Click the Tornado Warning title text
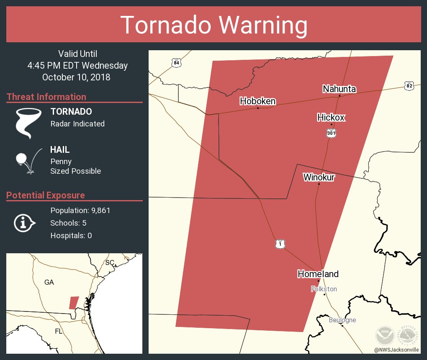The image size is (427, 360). [213, 25]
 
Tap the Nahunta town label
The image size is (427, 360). [339, 89]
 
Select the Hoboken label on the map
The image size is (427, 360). [257, 101]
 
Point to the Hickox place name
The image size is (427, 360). [331, 117]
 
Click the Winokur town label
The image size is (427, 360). [319, 177]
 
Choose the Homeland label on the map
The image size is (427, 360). [318, 274]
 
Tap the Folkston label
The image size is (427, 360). [324, 289]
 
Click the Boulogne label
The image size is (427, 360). [342, 320]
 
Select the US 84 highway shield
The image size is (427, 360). [177, 63]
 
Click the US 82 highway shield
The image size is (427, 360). [409, 86]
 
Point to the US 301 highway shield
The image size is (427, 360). [331, 133]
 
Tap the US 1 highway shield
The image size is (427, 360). [280, 244]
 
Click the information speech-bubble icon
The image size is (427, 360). [25, 223]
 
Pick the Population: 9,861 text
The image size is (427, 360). [80, 210]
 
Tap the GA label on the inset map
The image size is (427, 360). [49, 282]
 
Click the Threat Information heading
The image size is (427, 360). [46, 97]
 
